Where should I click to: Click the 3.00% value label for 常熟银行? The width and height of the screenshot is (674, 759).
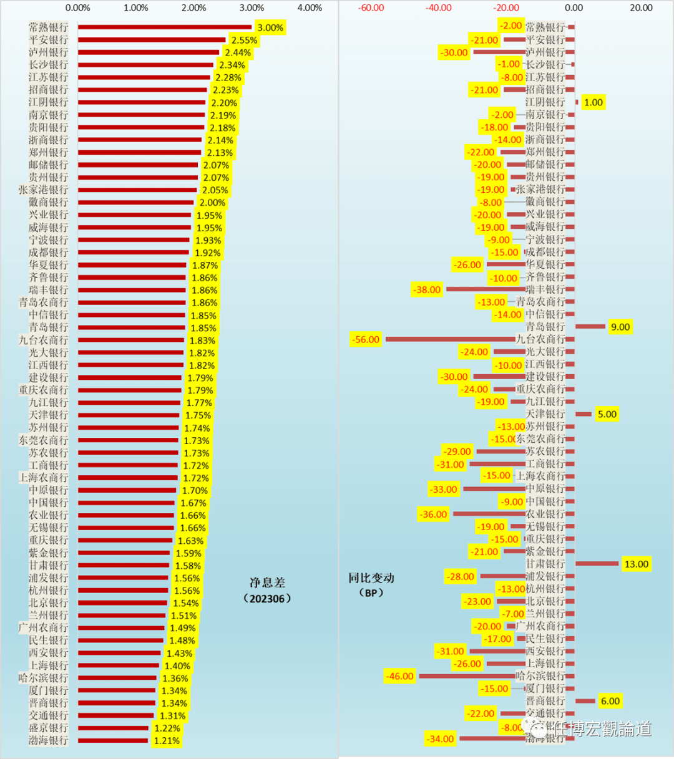coord(270,27)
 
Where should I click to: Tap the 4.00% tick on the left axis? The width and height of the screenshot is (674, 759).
coord(310,8)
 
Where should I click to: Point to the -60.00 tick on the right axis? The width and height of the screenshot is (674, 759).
coord(371,8)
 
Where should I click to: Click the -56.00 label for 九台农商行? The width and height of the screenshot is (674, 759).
coord(366,339)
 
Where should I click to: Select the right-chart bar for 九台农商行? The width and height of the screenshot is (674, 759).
coord(450,339)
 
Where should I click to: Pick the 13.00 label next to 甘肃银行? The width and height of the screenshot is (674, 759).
coord(636,564)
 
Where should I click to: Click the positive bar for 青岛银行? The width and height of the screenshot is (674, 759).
coord(590,326)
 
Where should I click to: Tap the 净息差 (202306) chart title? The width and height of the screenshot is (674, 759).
coord(267,590)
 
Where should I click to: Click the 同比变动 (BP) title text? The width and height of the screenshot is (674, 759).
coord(371,585)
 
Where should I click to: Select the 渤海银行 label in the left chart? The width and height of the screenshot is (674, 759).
coord(48,740)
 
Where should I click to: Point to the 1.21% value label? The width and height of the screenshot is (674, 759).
coord(167,741)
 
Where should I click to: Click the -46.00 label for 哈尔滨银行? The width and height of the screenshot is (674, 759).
coord(399,676)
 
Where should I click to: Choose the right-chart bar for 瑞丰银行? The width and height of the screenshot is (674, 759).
coord(486,289)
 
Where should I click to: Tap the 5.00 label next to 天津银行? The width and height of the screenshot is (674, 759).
coord(607,414)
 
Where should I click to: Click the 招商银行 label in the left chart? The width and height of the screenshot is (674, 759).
coord(48,90)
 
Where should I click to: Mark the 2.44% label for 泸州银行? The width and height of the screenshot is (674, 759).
coord(238,52)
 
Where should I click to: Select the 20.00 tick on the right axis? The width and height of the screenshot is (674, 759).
coord(641,8)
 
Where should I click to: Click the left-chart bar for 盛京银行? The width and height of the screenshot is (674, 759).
coord(113,728)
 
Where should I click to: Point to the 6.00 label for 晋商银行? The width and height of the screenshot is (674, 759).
coord(610,701)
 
